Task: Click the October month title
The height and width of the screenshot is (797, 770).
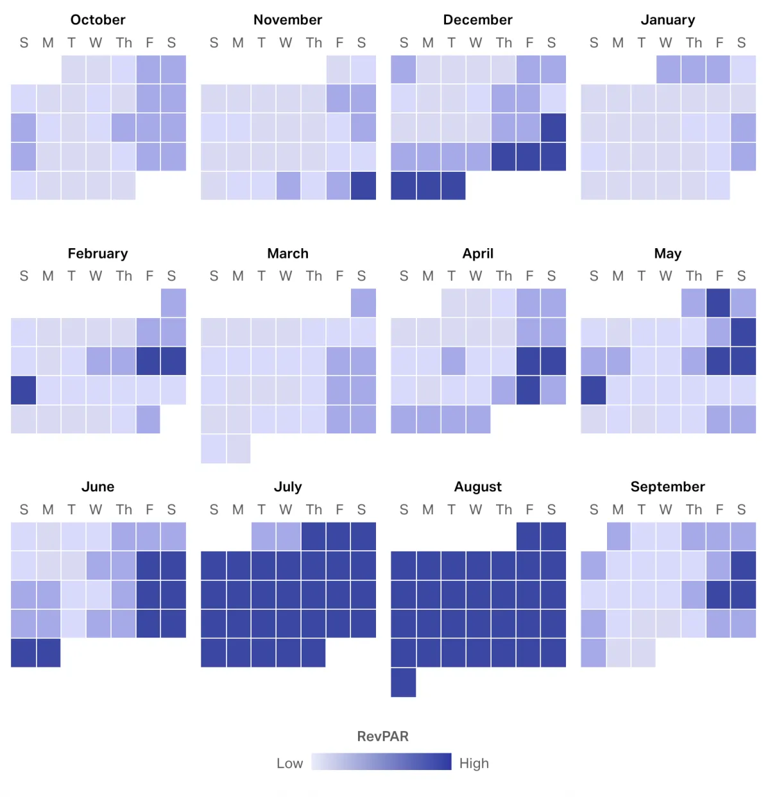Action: click(x=98, y=20)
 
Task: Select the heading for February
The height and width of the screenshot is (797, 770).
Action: click(x=98, y=253)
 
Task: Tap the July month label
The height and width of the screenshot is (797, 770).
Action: click(x=287, y=487)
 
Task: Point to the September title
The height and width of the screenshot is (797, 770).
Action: click(x=667, y=487)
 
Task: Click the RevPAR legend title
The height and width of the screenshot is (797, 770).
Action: click(x=382, y=736)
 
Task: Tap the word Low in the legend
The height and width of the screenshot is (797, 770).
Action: click(x=289, y=763)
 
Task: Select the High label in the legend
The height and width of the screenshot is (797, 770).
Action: click(x=474, y=763)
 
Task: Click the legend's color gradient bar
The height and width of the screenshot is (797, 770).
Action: click(x=381, y=762)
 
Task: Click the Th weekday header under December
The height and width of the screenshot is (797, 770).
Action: click(x=504, y=43)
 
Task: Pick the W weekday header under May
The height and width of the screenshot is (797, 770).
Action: click(x=665, y=276)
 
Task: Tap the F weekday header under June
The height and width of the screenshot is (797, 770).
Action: click(x=149, y=510)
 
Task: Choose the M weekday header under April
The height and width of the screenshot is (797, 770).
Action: click(x=428, y=276)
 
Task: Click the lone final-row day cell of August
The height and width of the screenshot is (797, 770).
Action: click(x=403, y=682)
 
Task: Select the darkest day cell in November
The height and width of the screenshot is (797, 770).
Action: click(x=363, y=186)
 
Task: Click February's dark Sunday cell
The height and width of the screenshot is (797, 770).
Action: click(x=23, y=390)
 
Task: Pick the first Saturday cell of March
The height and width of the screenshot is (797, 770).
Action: click(x=363, y=303)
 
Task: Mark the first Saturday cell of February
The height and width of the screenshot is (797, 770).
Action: click(x=173, y=303)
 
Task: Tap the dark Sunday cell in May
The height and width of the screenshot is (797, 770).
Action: click(x=593, y=390)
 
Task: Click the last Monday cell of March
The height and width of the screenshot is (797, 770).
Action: click(x=238, y=449)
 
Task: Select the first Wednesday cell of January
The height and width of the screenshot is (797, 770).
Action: click(x=669, y=69)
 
